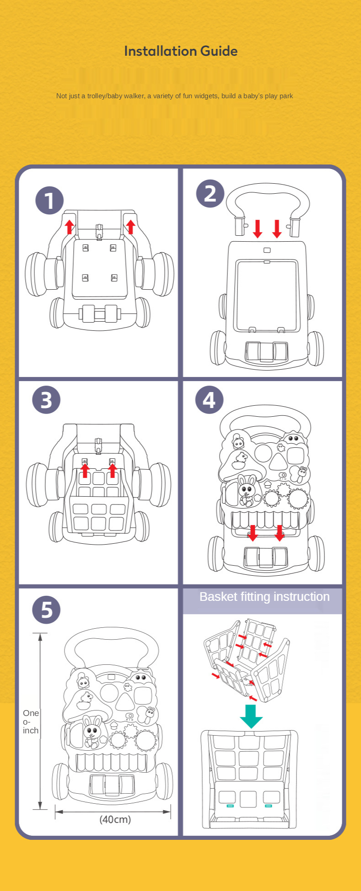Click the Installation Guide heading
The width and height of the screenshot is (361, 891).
tap(181, 51)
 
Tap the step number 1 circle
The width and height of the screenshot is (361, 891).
tap(49, 200)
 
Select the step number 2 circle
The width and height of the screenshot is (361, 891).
tap(210, 193)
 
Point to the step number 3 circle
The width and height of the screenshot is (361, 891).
tap(46, 400)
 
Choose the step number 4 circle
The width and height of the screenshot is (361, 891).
tap(209, 400)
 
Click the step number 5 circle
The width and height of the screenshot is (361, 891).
tap(46, 610)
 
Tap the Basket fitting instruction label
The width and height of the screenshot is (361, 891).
tap(264, 597)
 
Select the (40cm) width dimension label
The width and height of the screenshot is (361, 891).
tap(115, 819)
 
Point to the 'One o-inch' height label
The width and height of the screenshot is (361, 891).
tap(31, 721)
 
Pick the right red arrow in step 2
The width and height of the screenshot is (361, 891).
tap(277, 228)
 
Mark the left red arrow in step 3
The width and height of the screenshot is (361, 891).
tap(85, 470)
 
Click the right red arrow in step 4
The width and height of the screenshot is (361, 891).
tap(279, 533)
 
